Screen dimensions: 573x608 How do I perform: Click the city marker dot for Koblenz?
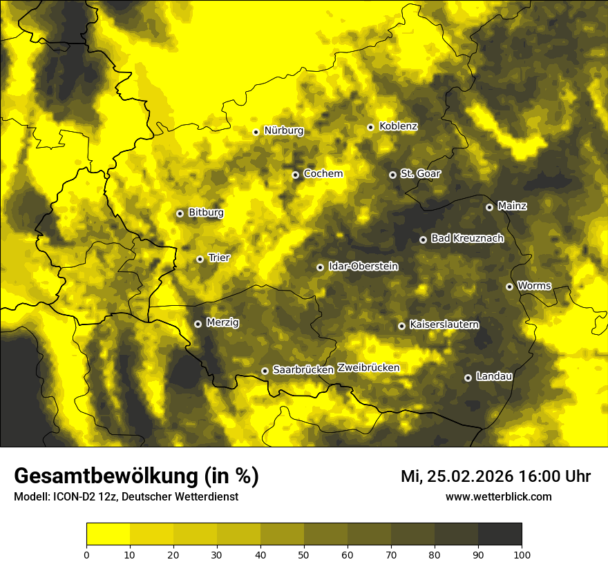(x=371, y=127)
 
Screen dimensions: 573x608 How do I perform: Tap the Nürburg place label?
(x=283, y=130)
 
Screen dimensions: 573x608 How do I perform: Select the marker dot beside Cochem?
(x=296, y=175)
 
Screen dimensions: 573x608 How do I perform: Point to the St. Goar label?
(x=420, y=174)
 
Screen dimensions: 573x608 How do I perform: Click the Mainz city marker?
(x=490, y=207)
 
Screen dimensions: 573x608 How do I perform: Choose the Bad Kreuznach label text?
(x=467, y=238)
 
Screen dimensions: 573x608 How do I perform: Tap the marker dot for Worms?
(x=510, y=286)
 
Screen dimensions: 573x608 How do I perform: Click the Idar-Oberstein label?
(x=363, y=266)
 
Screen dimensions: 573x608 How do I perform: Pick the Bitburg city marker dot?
(x=180, y=213)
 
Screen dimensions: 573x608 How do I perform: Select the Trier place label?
(x=219, y=258)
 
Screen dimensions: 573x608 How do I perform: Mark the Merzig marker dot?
(x=198, y=324)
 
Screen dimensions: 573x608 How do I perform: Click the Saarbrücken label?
(x=303, y=370)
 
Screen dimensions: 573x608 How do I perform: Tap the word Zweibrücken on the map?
(x=368, y=368)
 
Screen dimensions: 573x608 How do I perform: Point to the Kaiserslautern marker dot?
(x=402, y=326)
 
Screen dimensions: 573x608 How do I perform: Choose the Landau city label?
(x=494, y=376)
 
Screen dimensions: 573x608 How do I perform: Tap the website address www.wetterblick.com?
(x=499, y=497)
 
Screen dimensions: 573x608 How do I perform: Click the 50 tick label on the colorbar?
(x=304, y=554)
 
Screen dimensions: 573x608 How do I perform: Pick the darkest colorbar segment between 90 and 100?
(x=500, y=534)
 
